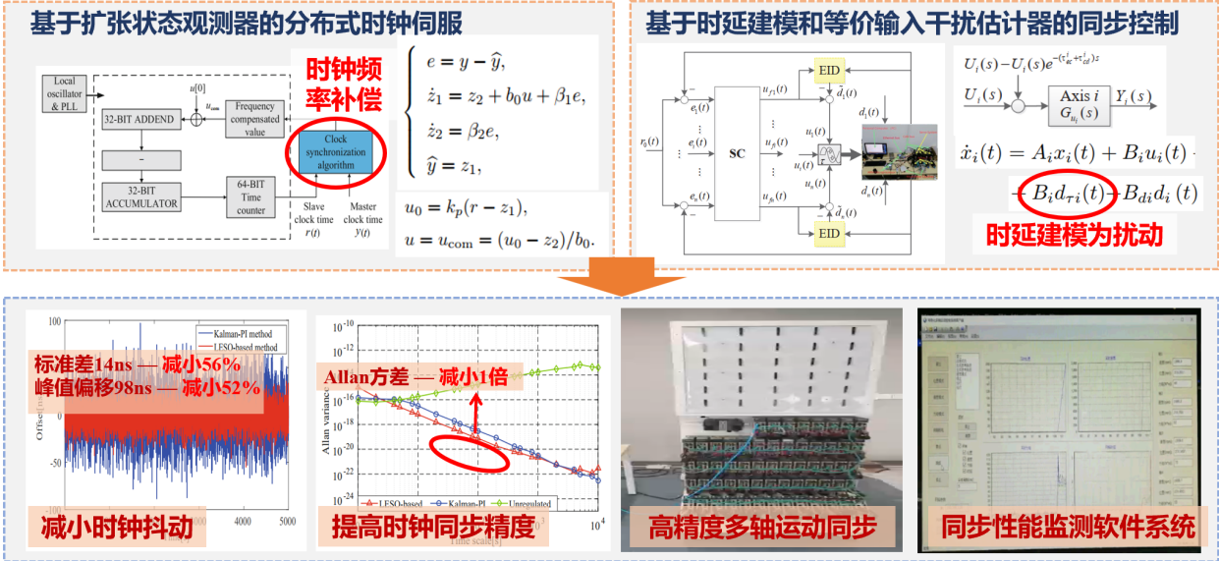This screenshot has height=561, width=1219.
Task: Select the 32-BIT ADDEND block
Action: [x=138, y=119]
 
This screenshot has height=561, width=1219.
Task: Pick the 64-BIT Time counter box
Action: [x=256, y=196]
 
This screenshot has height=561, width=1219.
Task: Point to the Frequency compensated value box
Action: [x=254, y=119]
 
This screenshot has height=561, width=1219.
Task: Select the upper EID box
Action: [x=829, y=71]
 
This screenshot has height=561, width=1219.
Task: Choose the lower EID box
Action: [x=829, y=233]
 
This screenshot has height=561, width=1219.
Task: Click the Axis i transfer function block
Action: [x=1073, y=104]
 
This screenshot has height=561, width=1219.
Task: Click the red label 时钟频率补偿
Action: [x=341, y=84]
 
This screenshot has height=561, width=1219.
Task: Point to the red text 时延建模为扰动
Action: [x=1074, y=235]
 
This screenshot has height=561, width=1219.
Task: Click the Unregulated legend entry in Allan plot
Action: [x=526, y=503]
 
